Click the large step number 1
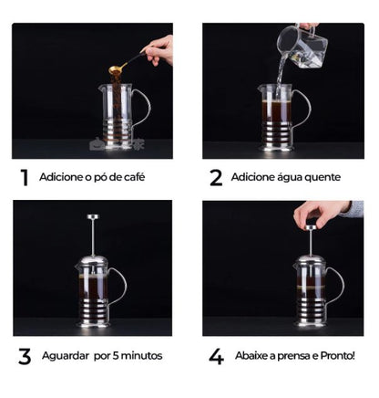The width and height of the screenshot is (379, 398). [x=25, y=177]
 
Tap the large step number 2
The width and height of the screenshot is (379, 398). [x=216, y=177]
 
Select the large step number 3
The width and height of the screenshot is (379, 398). [x=25, y=354]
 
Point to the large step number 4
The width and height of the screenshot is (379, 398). [x=216, y=354]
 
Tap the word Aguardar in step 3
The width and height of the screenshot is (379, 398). [x=66, y=355]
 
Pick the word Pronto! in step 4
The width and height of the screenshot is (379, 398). [x=334, y=355]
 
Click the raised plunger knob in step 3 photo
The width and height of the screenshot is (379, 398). [x=92, y=217]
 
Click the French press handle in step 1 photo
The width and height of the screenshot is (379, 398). [x=142, y=108]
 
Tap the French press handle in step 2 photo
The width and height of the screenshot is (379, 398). [x=302, y=108]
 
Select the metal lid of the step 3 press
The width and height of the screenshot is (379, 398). [x=92, y=262]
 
